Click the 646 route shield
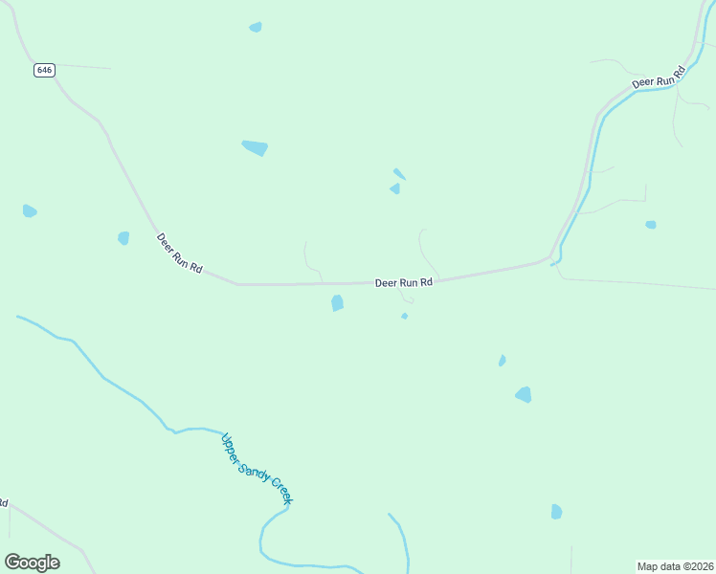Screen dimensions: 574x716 pyautogui.click(x=44, y=70)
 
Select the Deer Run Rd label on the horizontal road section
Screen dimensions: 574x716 pyautogui.click(x=403, y=282)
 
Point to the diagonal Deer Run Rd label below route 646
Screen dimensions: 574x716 pyautogui.click(x=179, y=254)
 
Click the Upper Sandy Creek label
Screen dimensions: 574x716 pyautogui.click(x=257, y=469)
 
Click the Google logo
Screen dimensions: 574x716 pyautogui.click(x=32, y=563)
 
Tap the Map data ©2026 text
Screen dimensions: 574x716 pyautogui.click(x=675, y=566)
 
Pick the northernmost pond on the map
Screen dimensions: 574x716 pyautogui.click(x=256, y=27)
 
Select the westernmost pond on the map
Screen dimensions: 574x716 pyautogui.click(x=30, y=210)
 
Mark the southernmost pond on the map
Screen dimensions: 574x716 pyautogui.click(x=556, y=512)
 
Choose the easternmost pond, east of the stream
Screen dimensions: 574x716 pyautogui.click(x=651, y=225)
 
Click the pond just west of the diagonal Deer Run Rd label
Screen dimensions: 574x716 pyautogui.click(x=123, y=237)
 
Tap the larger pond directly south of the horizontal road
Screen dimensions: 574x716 pyautogui.click(x=337, y=303)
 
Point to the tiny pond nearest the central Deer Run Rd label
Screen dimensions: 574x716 pyautogui.click(x=405, y=316)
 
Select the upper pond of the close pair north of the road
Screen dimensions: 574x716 pyautogui.click(x=399, y=174)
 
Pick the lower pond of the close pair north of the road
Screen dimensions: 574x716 pyautogui.click(x=395, y=188)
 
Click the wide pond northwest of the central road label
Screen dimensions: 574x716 pyautogui.click(x=255, y=147)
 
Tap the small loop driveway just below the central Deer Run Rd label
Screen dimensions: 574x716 pyautogui.click(x=408, y=298)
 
